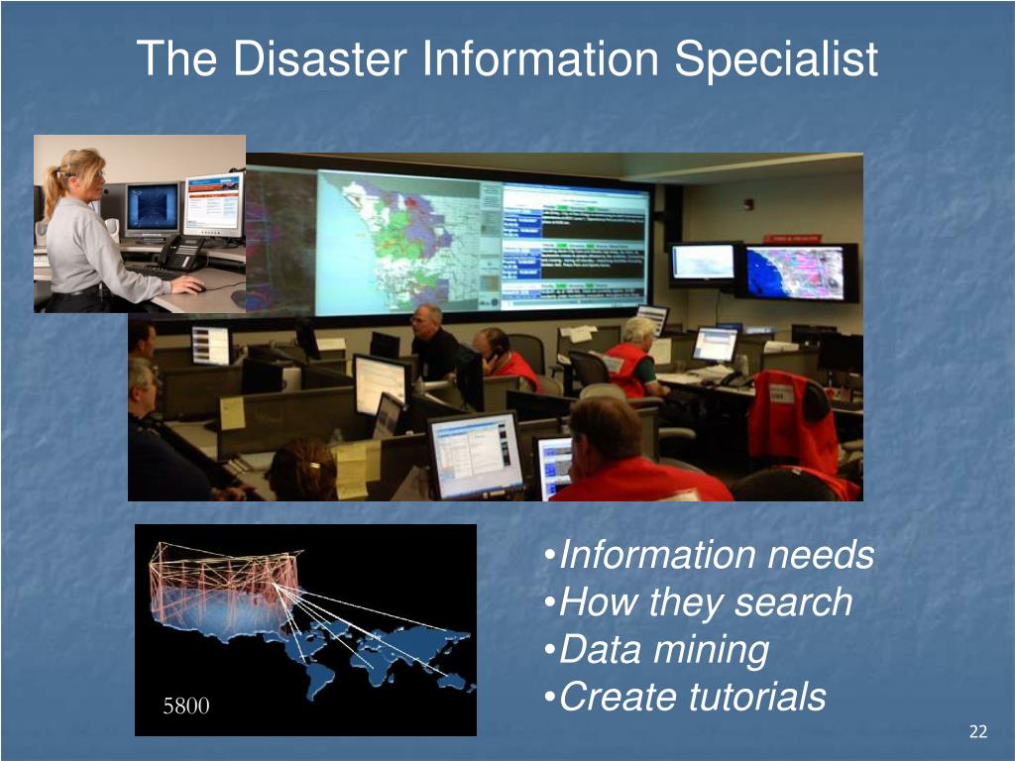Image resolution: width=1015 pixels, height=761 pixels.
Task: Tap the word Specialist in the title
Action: [777, 58]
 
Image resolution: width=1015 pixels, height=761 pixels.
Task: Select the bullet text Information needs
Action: [716, 555]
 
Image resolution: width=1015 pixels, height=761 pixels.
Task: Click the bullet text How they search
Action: [705, 602]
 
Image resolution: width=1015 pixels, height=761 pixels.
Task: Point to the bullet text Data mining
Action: [663, 650]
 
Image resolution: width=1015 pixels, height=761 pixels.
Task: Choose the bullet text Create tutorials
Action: [692, 698]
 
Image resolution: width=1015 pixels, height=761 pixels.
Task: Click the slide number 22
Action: [978, 732]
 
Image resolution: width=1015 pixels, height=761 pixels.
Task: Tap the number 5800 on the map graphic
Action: [186, 707]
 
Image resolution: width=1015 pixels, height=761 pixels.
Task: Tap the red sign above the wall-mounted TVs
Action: [791, 239]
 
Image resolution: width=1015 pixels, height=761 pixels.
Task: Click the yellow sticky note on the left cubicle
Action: [232, 411]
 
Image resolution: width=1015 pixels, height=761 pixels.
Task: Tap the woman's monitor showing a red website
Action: [212, 205]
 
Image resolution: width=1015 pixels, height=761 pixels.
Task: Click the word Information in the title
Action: [541, 58]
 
